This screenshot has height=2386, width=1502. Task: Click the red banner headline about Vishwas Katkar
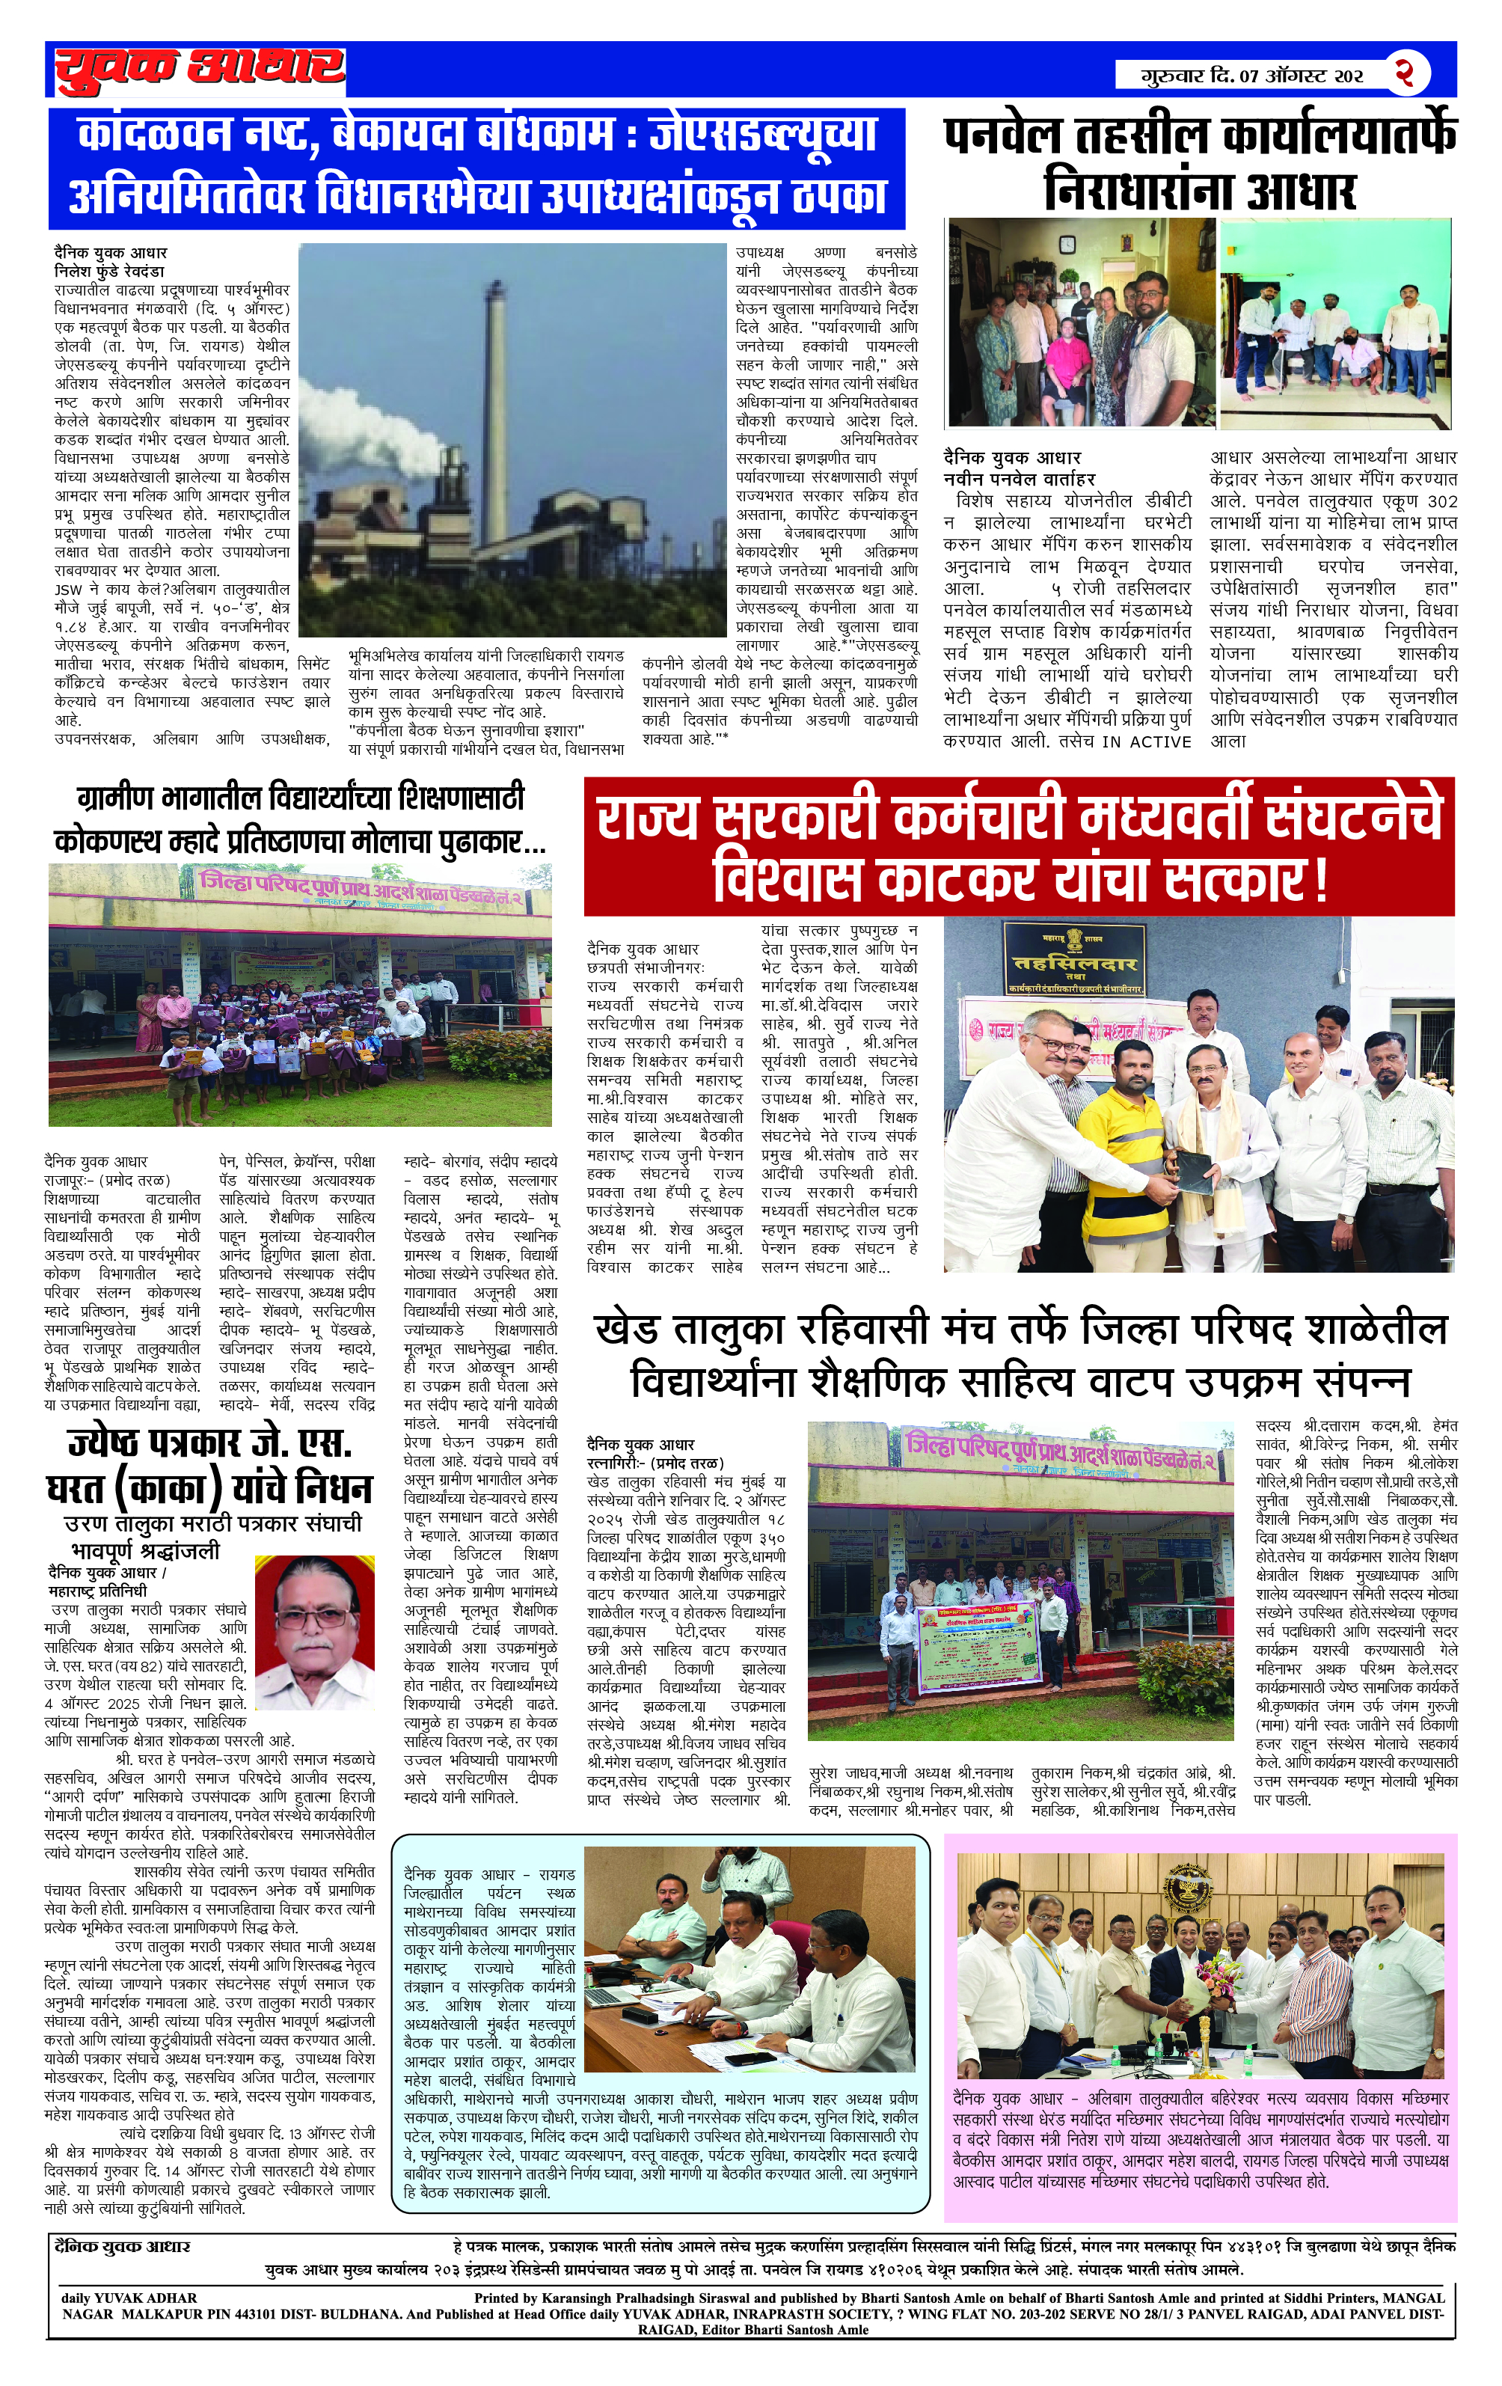click(x=1019, y=847)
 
